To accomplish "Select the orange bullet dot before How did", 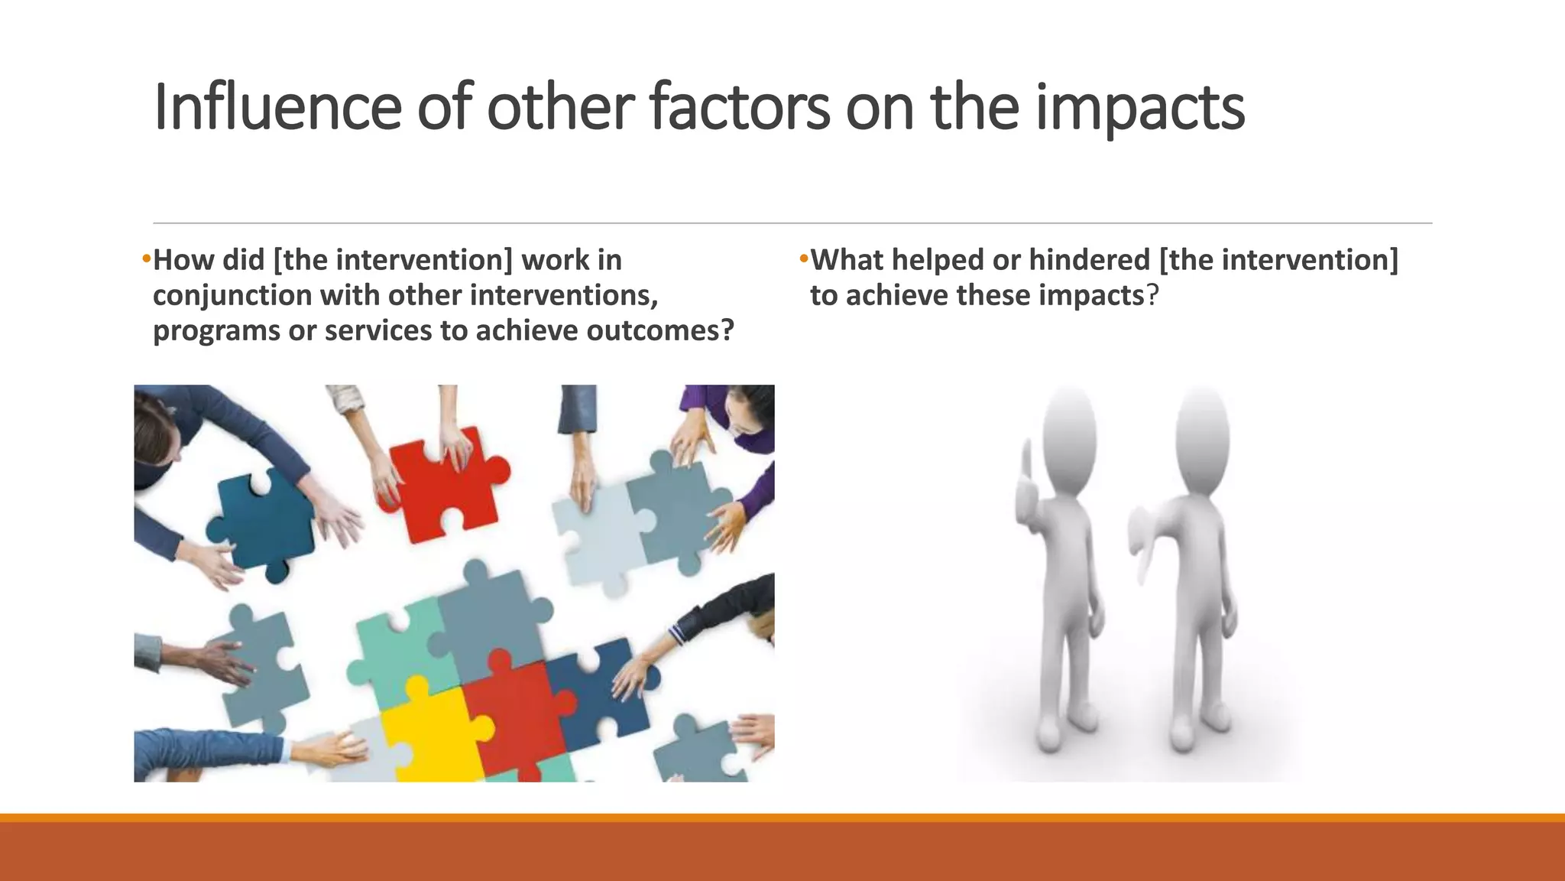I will click(146, 258).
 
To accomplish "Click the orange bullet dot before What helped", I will click(803, 258).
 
